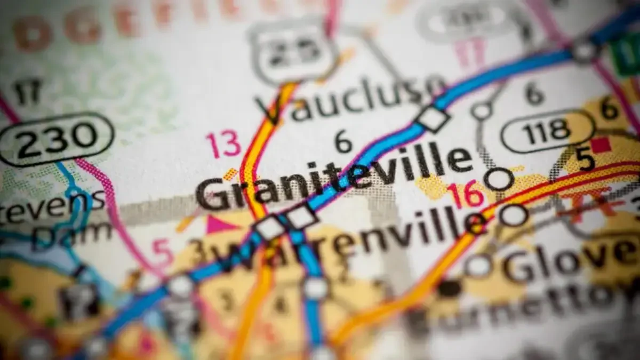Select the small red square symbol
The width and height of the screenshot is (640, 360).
coord(602,145)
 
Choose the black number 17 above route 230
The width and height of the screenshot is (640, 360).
coord(27,92)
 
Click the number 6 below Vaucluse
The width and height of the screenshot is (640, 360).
coord(342,141)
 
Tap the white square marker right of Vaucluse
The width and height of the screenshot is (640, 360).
coord(431,118)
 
